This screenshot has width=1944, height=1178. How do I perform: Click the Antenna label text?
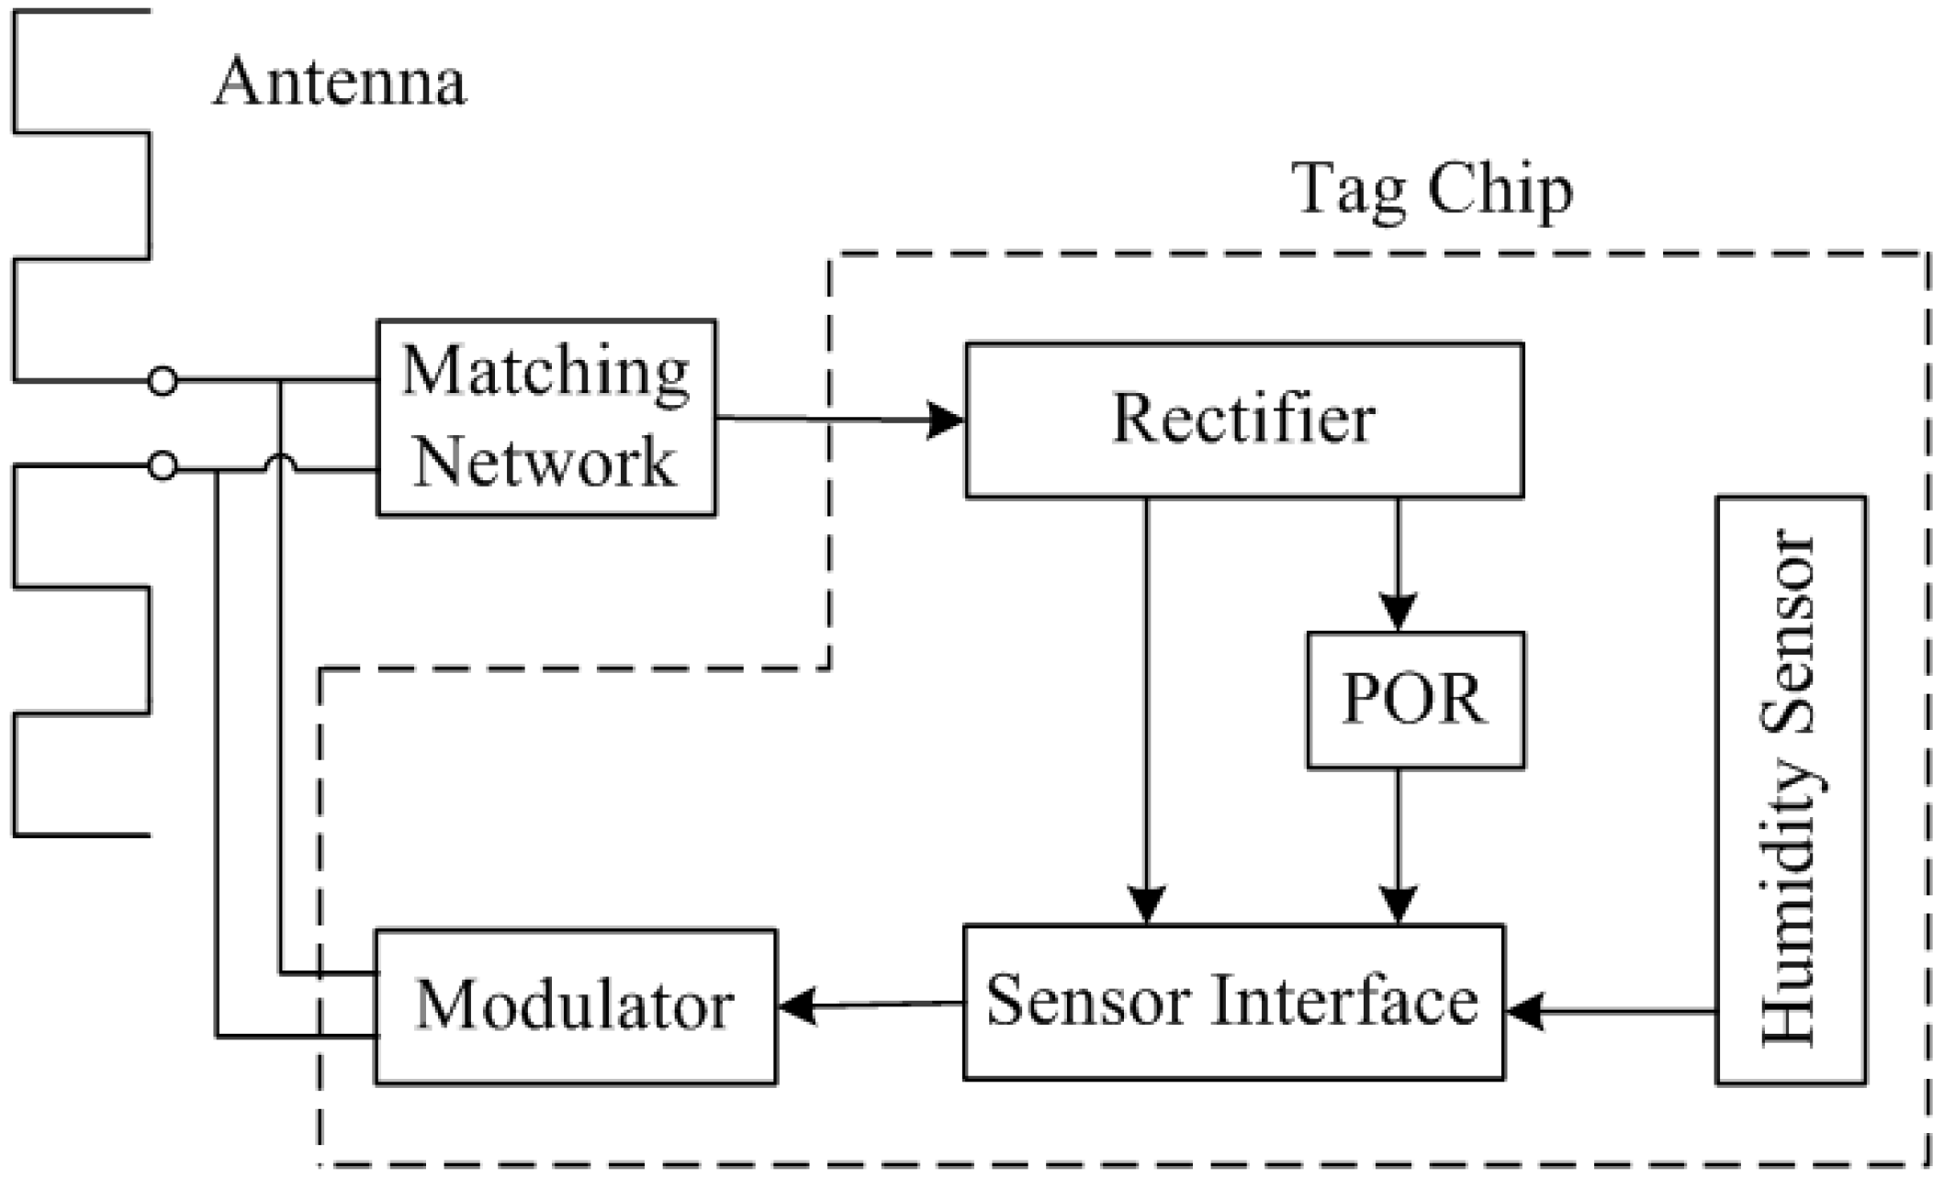[x=340, y=83]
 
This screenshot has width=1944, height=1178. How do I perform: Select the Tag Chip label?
[x=1432, y=190]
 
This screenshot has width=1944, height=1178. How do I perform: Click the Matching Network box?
[x=546, y=418]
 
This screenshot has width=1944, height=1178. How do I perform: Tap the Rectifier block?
[x=1243, y=421]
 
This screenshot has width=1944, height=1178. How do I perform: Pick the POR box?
[x=1415, y=700]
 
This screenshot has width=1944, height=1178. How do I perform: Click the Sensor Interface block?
[x=1232, y=1002]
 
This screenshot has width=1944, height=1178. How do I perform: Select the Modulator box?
[x=575, y=1006]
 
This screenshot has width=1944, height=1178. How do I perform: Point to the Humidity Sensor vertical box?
[x=1790, y=790]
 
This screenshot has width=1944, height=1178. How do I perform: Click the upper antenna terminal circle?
[x=163, y=380]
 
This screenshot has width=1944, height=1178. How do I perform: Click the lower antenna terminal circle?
[x=163, y=466]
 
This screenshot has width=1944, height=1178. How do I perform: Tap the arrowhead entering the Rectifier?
[x=946, y=421]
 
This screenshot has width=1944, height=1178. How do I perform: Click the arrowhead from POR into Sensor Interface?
[x=1398, y=905]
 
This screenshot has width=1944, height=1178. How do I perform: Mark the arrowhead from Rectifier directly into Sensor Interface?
[x=1146, y=905]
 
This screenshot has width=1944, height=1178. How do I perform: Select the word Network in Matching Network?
[x=545, y=463]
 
